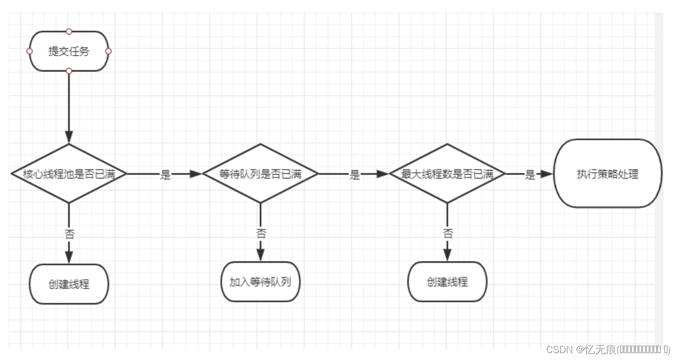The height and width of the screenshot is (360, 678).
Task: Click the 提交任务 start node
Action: pyautogui.click(x=69, y=52)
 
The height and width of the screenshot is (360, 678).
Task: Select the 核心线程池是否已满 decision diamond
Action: pyautogui.click(x=69, y=174)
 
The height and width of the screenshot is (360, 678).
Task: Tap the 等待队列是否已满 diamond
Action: pyautogui.click(x=260, y=174)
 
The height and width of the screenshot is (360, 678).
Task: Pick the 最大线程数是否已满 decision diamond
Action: pyautogui.click(x=447, y=174)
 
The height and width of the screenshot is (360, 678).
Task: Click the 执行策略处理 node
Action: pyautogui.click(x=607, y=174)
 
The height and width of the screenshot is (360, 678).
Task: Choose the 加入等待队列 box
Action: pyautogui.click(x=260, y=282)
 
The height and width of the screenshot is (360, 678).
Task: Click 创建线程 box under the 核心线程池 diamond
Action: pyautogui.click(x=69, y=284)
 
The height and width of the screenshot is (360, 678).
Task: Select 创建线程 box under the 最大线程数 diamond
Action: pyautogui.click(x=447, y=282)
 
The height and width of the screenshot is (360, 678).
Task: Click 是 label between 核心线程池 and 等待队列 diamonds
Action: pyautogui.click(x=165, y=175)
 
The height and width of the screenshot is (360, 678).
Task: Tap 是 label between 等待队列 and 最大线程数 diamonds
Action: pyautogui.click(x=354, y=175)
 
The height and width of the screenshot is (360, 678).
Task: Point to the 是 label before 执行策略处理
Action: pyautogui.click(x=530, y=175)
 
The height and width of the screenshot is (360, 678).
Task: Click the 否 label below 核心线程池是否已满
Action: pyautogui.click(x=69, y=233)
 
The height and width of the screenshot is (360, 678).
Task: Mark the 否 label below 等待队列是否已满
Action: pyautogui.click(x=261, y=233)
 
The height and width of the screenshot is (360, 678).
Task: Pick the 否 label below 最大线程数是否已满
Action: pyautogui.click(x=448, y=233)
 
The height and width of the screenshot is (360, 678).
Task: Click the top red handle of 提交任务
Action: pyautogui.click(x=69, y=31)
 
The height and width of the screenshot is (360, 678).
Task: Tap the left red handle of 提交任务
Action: pyautogui.click(x=29, y=52)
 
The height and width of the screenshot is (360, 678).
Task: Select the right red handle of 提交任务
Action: pyautogui.click(x=108, y=52)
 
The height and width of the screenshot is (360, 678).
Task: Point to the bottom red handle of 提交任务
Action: pyautogui.click(x=69, y=71)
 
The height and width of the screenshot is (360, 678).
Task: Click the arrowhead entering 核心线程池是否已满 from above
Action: pyautogui.click(x=69, y=137)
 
